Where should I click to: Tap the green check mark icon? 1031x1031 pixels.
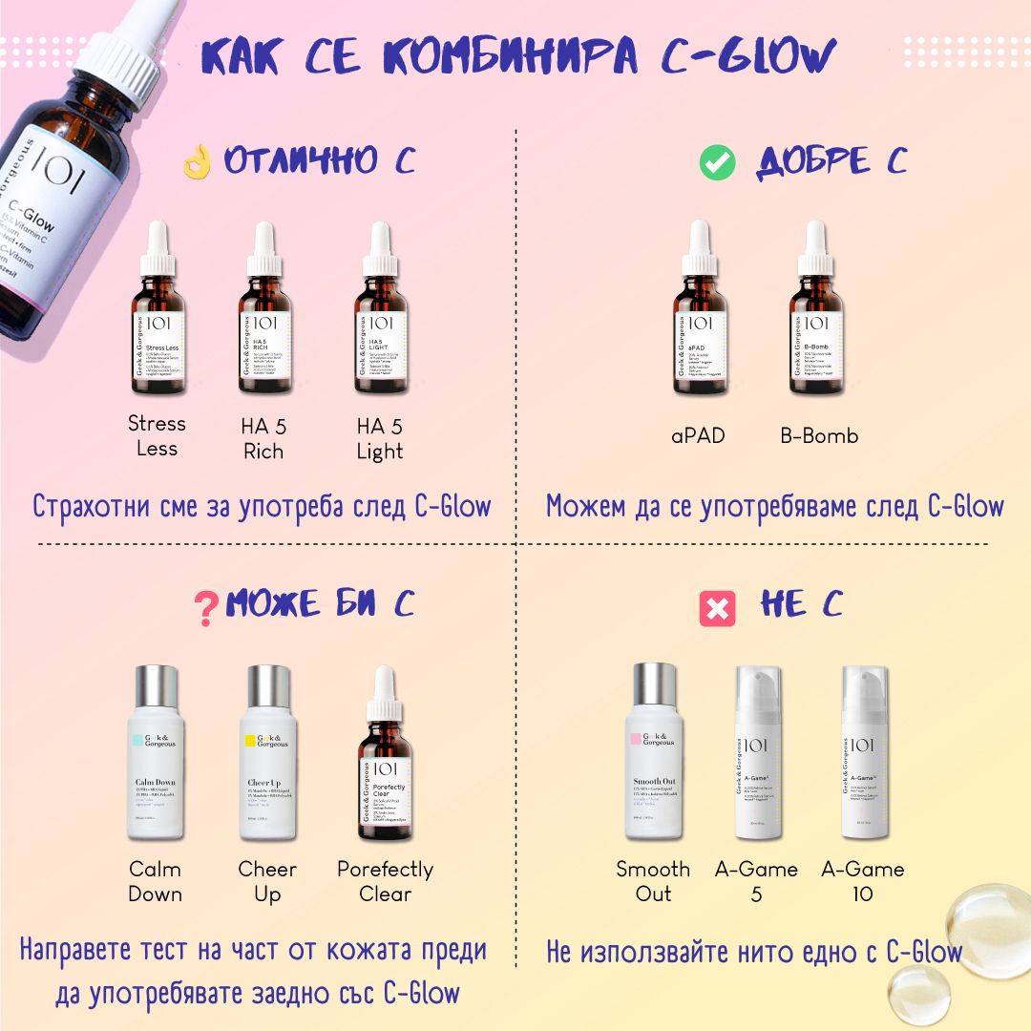(x=717, y=163)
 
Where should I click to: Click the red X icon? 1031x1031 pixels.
(x=717, y=608)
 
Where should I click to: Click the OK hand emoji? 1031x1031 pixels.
(x=197, y=162)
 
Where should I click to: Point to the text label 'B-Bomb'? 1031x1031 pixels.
(x=818, y=436)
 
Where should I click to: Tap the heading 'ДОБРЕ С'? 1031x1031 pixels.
(x=831, y=162)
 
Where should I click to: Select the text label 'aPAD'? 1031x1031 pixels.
(x=698, y=436)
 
